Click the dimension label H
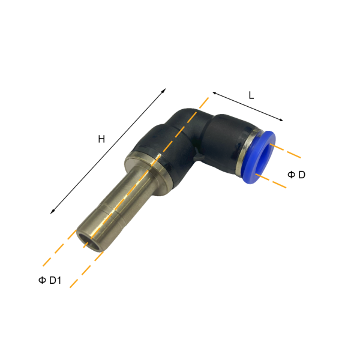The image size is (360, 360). pyautogui.click(x=101, y=139)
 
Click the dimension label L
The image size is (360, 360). pyautogui.click(x=251, y=95)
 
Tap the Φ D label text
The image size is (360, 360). pyautogui.click(x=296, y=175)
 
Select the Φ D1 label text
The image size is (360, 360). pyautogui.click(x=50, y=280)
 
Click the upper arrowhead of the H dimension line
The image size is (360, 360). pyautogui.click(x=164, y=90)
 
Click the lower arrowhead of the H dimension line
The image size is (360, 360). pyautogui.click(x=52, y=212)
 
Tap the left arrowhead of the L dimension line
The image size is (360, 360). pyautogui.click(x=214, y=93)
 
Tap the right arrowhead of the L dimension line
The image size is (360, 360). pyautogui.click(x=281, y=119)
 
